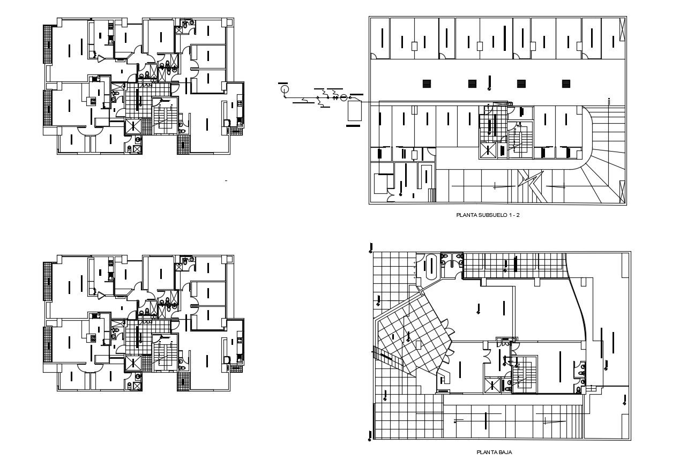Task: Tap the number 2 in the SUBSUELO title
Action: [518, 215]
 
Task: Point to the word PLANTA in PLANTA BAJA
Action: [486, 452]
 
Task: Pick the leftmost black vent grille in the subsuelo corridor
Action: [427, 84]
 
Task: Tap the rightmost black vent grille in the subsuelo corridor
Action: [566, 84]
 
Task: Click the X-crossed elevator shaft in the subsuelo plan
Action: [487, 150]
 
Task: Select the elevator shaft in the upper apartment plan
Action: [133, 126]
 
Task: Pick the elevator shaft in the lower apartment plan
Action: [133, 363]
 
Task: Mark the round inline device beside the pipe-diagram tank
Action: [343, 97]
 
